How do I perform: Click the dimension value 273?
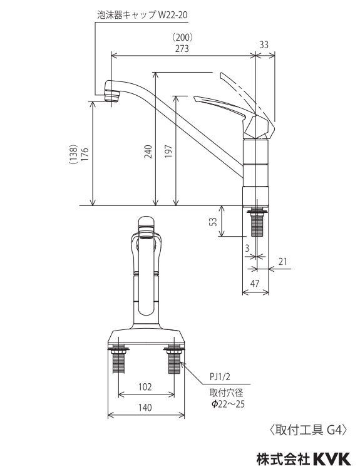click(183, 48)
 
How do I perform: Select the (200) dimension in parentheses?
click(183, 37)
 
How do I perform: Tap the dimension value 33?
click(264, 44)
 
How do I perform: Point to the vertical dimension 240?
click(148, 151)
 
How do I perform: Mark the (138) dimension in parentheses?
click(74, 154)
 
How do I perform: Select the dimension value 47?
click(255, 284)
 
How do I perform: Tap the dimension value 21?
click(282, 262)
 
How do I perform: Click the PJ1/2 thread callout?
click(220, 376)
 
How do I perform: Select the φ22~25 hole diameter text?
click(228, 404)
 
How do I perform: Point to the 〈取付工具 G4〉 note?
click(307, 430)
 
